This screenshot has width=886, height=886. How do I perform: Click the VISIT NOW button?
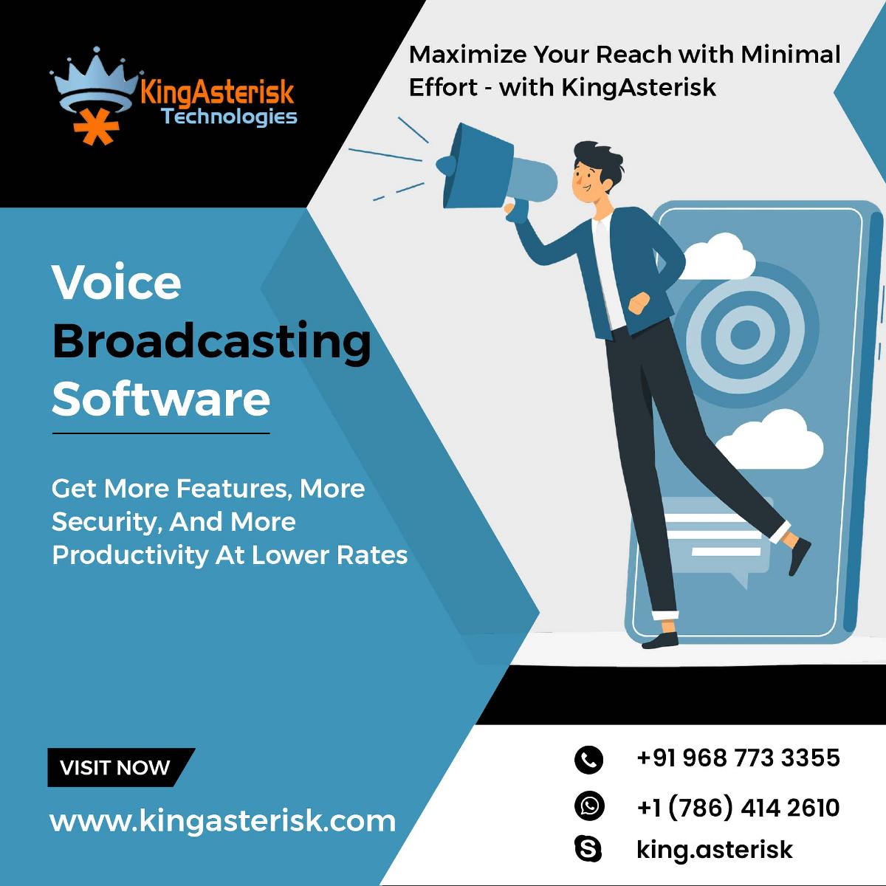pos(121,767)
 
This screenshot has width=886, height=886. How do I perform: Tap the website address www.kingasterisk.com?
pos(222,822)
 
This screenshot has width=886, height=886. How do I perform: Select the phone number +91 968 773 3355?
pos(738,758)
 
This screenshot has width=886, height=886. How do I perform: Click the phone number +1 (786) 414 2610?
pos(738,808)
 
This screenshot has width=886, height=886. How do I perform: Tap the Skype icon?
pos(588,849)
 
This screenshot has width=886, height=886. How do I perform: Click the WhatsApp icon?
pos(589,806)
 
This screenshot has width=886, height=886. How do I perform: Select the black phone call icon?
pos(588,760)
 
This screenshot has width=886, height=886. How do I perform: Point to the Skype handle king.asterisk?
pos(715,849)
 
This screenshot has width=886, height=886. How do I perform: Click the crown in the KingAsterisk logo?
pos(96,80)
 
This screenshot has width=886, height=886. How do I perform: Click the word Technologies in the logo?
pos(229,117)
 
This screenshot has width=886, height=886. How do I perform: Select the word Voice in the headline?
pos(117,281)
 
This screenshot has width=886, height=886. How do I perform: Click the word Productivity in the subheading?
pos(130,556)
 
